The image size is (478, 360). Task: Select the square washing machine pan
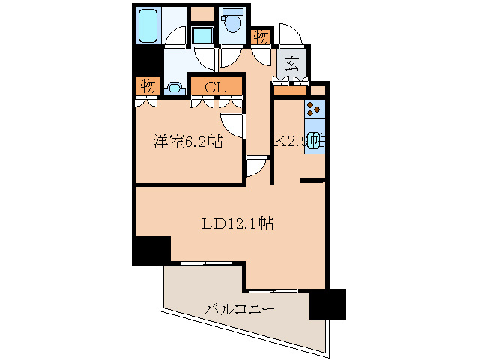[x=202, y=35]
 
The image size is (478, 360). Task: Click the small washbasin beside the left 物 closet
[x=174, y=88]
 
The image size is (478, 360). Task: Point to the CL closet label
[x=217, y=87]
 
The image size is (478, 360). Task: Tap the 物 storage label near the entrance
[x=261, y=36]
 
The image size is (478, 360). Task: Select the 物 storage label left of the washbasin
[x=148, y=86]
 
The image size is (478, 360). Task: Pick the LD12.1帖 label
[x=229, y=223]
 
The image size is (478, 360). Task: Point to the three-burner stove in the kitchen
[x=314, y=109]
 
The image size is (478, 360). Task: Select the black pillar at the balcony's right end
[x=327, y=303]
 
